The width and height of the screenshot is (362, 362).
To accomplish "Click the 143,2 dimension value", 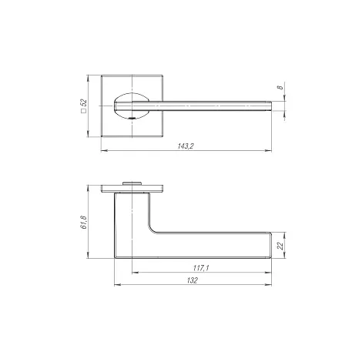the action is [186, 146].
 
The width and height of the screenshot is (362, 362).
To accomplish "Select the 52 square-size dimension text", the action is [84, 102].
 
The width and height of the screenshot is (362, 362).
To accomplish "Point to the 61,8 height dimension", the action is [84, 223].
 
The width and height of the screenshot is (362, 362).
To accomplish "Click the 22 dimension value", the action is [280, 246].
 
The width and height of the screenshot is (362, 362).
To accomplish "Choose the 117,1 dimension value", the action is [201, 268].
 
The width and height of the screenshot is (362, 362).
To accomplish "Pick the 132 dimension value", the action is [193, 280].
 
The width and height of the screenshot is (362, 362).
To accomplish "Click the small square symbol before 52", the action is [83, 111].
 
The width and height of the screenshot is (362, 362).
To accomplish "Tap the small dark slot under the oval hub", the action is [132, 118].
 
